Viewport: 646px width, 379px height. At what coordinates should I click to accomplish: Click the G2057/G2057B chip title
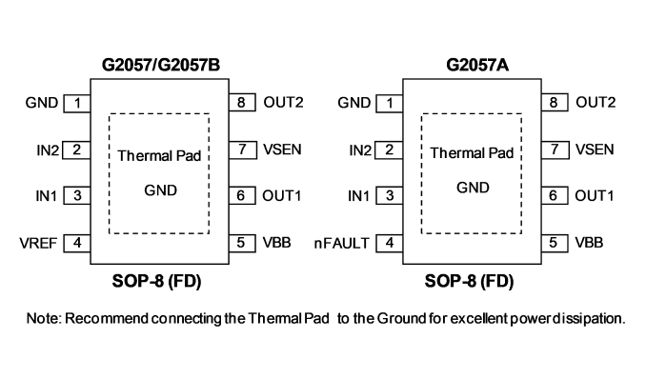tap(161, 65)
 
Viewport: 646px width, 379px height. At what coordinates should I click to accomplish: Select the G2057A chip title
tap(477, 65)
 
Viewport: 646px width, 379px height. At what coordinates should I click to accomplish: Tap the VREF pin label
tap(38, 244)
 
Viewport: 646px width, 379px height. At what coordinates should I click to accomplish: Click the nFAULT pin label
tap(341, 244)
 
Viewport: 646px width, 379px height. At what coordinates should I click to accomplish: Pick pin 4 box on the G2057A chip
tap(390, 243)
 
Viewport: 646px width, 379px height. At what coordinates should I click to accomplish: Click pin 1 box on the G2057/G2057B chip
tap(77, 103)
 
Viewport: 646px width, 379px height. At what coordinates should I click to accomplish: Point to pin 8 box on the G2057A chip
tap(555, 102)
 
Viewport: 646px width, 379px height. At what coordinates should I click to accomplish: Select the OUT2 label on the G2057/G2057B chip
tap(283, 102)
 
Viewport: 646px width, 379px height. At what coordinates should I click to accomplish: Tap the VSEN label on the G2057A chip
tap(595, 150)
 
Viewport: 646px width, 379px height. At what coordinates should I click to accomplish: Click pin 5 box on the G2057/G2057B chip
tap(242, 243)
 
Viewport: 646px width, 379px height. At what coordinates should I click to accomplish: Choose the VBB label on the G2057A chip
tap(589, 243)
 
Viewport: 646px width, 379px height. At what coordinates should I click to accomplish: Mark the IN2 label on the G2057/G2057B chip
tap(48, 150)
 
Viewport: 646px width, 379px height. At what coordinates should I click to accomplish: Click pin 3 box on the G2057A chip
tap(390, 195)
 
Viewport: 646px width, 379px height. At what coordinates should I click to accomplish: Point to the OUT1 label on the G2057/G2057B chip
tap(282, 195)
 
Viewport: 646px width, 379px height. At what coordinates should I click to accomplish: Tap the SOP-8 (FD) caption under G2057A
tap(470, 281)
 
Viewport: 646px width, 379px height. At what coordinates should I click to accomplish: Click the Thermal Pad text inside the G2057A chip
tap(472, 153)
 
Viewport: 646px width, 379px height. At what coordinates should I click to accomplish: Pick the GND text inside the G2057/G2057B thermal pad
tap(161, 190)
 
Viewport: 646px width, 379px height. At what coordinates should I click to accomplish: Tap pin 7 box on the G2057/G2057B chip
tap(242, 150)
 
